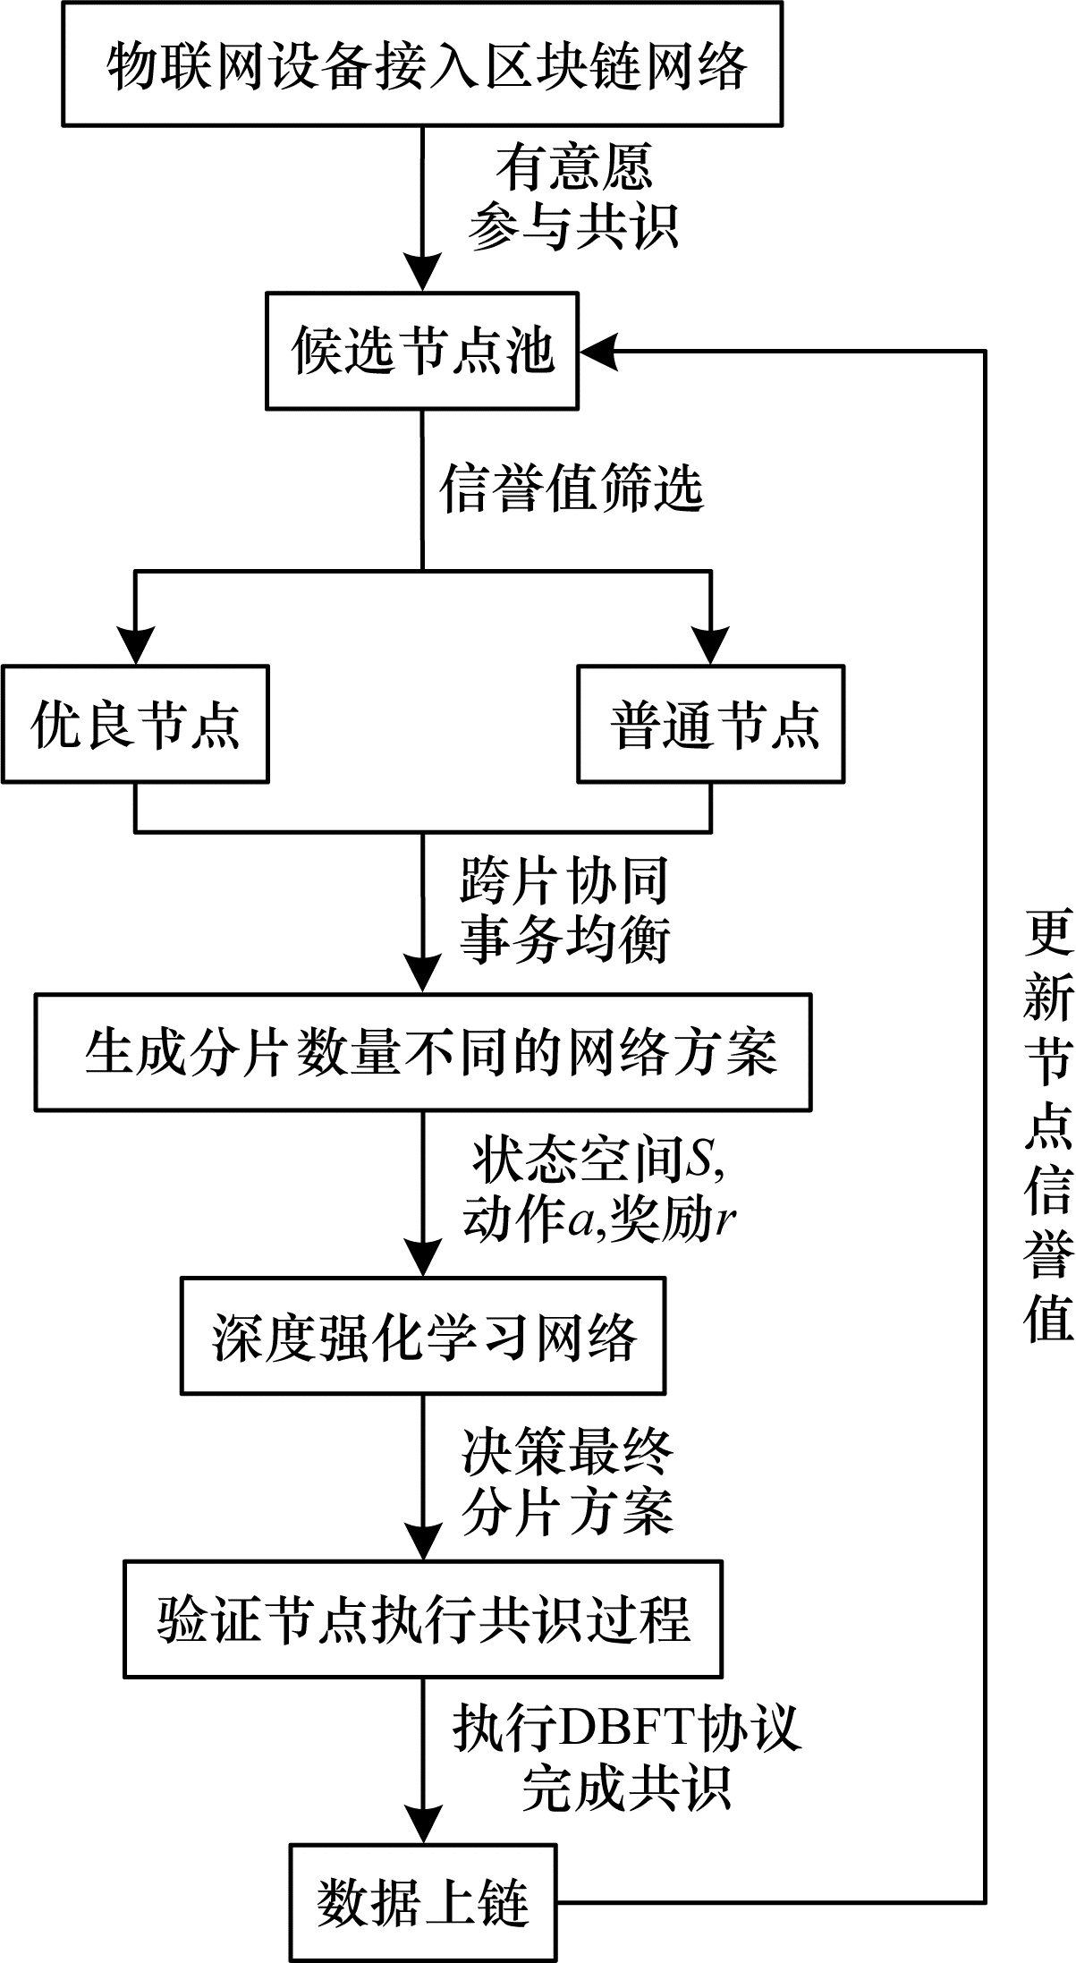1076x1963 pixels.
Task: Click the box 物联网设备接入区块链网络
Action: pyautogui.click(x=422, y=64)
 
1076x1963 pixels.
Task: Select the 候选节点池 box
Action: pyautogui.click(x=422, y=350)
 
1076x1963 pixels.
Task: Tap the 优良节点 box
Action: pyautogui.click(x=135, y=723)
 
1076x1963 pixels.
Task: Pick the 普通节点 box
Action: pyautogui.click(x=711, y=723)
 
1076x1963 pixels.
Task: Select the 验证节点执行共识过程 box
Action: pyautogui.click(x=423, y=1619)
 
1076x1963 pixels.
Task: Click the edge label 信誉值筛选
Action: pyautogui.click(x=572, y=488)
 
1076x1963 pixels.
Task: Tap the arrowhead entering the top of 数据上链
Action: pyautogui.click(x=422, y=1822)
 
